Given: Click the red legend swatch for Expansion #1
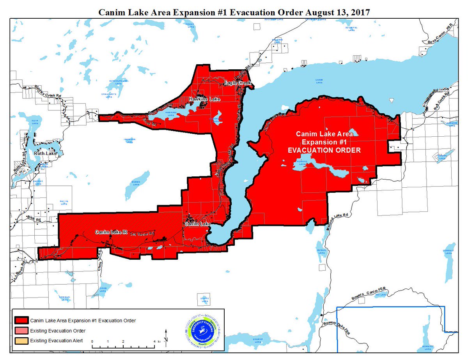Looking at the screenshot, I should click(22, 320).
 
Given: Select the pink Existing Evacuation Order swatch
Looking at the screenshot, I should click(22, 331).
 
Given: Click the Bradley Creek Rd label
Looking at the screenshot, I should click(48, 92).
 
